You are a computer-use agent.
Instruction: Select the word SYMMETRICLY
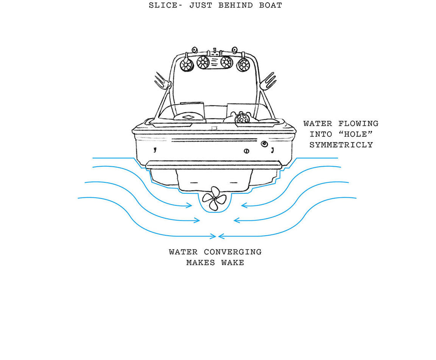(x=341, y=145)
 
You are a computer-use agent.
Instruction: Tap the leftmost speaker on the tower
(x=187, y=66)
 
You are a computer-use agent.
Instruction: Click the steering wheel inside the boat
(x=240, y=118)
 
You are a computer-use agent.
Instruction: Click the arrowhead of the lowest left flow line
(x=214, y=237)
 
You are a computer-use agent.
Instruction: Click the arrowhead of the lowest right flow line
(x=221, y=237)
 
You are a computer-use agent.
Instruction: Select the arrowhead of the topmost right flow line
(x=244, y=205)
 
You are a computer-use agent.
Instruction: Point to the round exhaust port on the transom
(x=264, y=144)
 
